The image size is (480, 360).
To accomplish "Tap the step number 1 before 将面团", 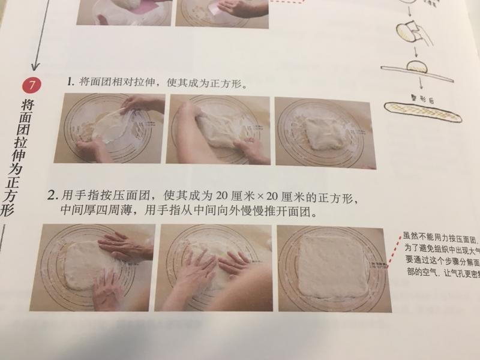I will point(70,81).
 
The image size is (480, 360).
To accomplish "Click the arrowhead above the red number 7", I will point(35,67).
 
